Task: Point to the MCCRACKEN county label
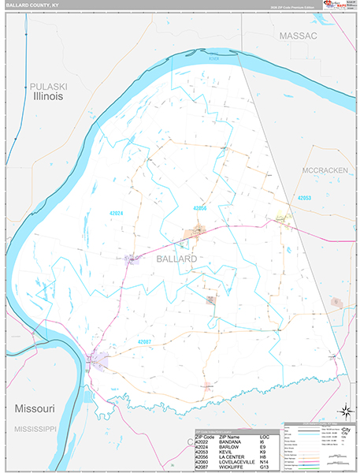[325, 169]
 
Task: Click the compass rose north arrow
[344, 410]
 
